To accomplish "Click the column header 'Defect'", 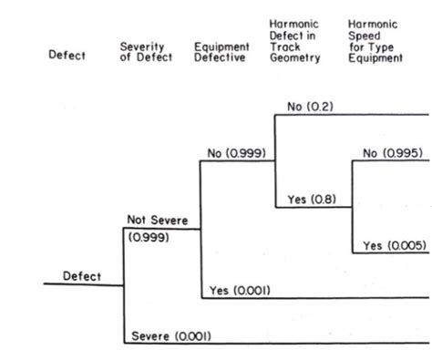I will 67,56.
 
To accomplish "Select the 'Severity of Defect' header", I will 142,51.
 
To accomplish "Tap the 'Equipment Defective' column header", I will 221,51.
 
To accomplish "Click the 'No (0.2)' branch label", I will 310,107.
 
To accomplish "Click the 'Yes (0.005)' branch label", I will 394,245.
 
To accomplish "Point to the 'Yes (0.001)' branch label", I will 240,290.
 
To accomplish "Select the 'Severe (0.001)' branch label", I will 171,335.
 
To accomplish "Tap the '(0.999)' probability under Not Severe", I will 145,237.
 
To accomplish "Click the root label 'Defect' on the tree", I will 82,276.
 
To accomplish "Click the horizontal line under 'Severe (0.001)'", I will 273,343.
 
